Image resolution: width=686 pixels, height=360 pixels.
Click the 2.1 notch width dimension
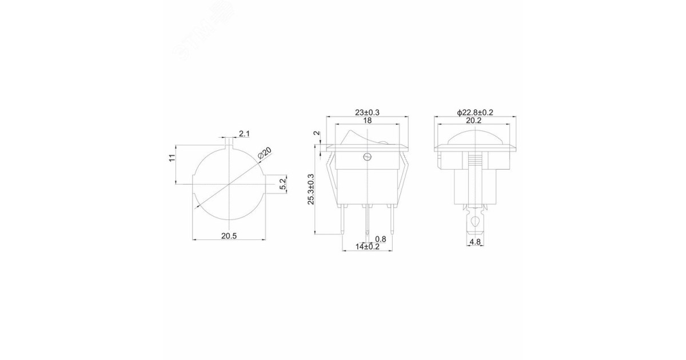[x=245, y=134]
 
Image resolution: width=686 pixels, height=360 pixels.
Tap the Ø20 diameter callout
[x=265, y=153]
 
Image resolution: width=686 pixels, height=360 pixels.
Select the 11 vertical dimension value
[x=172, y=158]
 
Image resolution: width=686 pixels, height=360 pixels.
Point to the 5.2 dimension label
[x=282, y=184]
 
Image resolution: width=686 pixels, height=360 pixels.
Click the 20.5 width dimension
[x=229, y=236]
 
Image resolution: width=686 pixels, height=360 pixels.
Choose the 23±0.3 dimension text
[x=367, y=113]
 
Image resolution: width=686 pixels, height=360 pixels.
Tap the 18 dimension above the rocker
[x=367, y=121]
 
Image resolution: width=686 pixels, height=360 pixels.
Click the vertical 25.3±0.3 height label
[x=311, y=189]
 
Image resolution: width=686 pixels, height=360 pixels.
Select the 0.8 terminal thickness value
[x=381, y=239]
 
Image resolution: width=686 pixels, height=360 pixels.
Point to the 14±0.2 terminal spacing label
[x=367, y=247]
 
